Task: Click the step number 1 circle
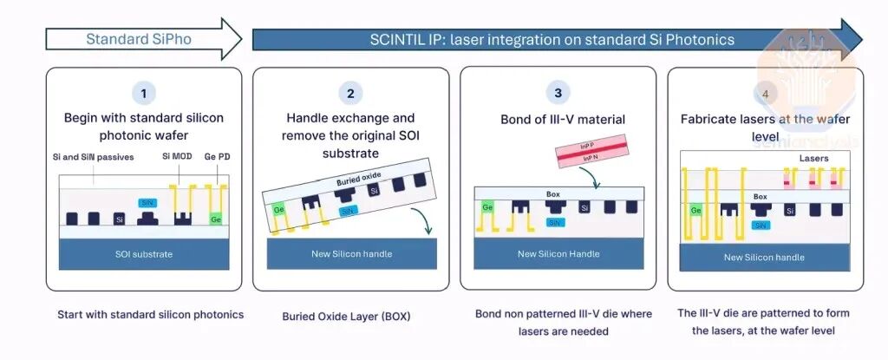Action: (143, 93)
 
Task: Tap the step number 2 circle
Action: (350, 93)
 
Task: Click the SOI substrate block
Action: (144, 253)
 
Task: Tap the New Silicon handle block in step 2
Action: (351, 253)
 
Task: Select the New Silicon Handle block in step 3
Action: (558, 253)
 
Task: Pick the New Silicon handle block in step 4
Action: (764, 257)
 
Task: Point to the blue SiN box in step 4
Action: (761, 225)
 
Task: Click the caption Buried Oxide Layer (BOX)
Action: (346, 317)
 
